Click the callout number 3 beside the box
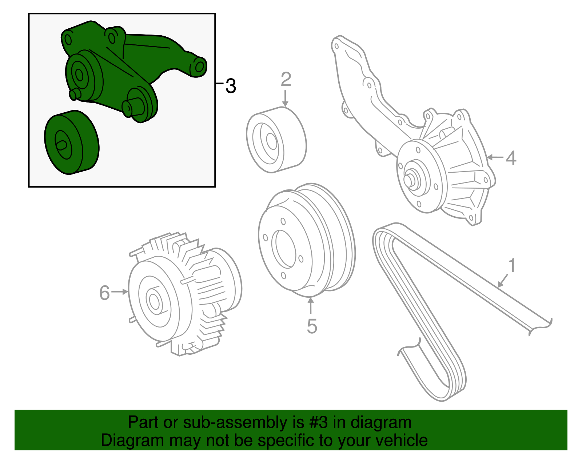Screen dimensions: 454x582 click(231, 86)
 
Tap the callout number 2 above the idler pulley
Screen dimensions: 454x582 click(286, 80)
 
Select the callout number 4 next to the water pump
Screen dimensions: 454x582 click(511, 158)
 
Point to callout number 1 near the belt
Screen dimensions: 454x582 click(512, 266)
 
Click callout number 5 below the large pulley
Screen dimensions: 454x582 click(312, 326)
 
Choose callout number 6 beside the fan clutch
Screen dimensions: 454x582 click(104, 293)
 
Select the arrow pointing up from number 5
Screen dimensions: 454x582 click(311, 305)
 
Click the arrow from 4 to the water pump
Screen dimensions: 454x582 click(495, 157)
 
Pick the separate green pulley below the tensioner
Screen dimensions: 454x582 click(72, 142)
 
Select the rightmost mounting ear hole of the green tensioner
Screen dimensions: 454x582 click(199, 67)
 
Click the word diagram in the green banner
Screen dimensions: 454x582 click(381, 423)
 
